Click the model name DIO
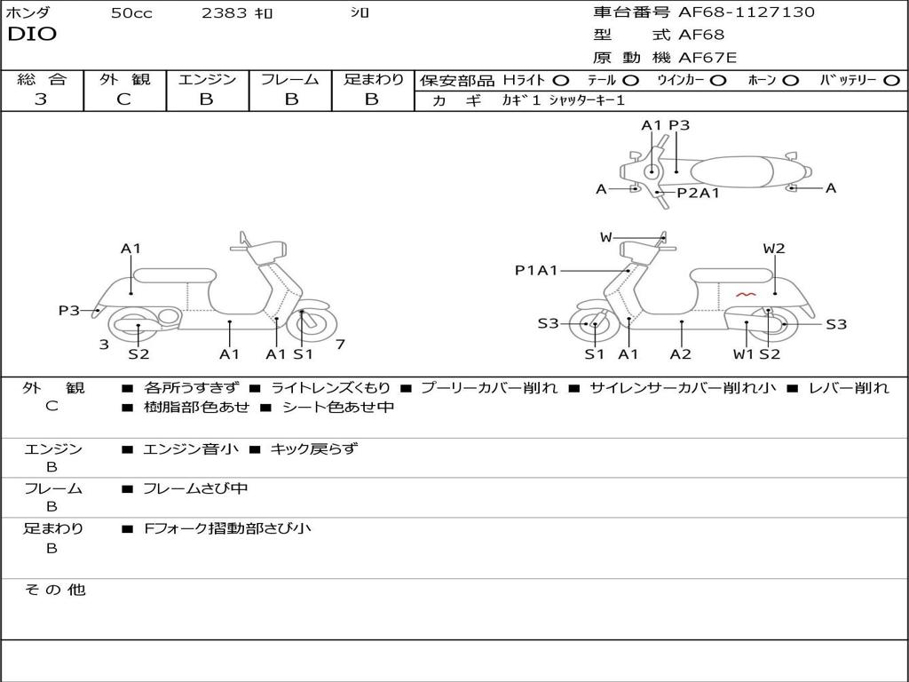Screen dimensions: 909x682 32,35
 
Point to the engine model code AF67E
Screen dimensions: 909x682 707,58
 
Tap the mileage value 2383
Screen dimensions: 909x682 225,13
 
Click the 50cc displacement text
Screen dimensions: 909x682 131,13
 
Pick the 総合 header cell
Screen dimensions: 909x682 42,80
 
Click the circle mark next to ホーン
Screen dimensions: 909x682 790,80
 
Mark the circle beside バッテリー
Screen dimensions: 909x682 892,80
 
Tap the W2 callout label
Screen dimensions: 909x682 774,249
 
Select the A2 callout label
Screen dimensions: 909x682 681,354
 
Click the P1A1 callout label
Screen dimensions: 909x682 536,270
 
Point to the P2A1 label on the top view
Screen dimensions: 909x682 698,193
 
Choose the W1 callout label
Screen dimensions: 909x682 743,354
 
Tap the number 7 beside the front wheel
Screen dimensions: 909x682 341,344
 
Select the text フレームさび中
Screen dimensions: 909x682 195,488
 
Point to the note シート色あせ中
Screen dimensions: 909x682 337,407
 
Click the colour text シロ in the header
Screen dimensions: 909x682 360,13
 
